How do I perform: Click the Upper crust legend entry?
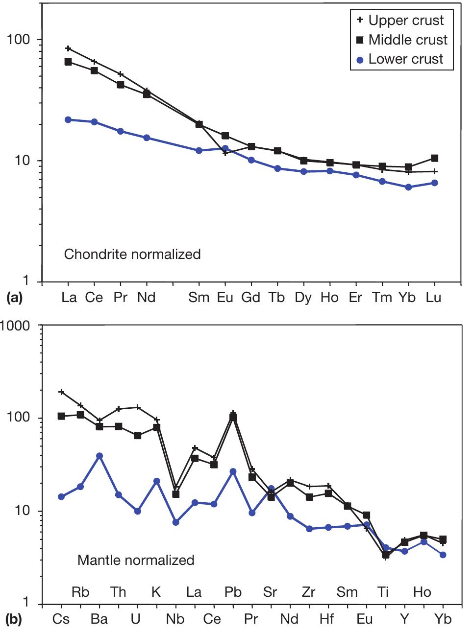pos(399,21)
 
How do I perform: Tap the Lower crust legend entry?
pos(399,59)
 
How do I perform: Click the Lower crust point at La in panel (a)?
pos(68,119)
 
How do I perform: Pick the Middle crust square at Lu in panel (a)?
pos(434,158)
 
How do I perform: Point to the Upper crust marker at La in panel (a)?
pos(68,48)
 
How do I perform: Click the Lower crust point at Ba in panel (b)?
pos(100,456)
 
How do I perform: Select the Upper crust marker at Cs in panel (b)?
pos(61,392)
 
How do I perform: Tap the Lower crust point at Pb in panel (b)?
pos(233,471)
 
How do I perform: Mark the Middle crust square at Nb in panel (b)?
pos(176,494)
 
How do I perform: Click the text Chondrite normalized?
pos(132,255)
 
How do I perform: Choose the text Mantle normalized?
pos(136,560)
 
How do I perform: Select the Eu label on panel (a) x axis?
pos(225,297)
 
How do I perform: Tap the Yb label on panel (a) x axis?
pos(408,297)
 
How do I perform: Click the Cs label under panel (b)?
pos(61,619)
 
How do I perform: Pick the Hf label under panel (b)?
pos(326,619)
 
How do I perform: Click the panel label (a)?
pos(13,297)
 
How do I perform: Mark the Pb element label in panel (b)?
pos(233,592)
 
